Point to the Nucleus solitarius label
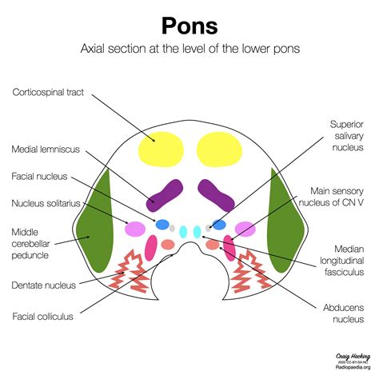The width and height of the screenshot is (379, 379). pyautogui.click(x=46, y=204)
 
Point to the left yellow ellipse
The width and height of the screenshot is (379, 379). pyautogui.click(x=160, y=150)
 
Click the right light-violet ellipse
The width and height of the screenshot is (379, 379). pyautogui.click(x=245, y=229)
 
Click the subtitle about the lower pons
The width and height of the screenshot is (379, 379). pyautogui.click(x=189, y=50)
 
